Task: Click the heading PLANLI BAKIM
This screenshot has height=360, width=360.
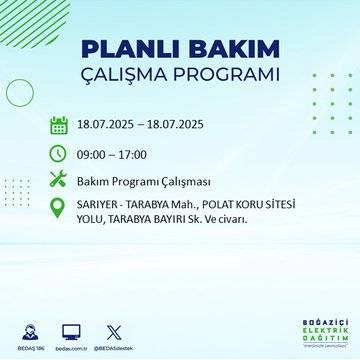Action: coord(179,50)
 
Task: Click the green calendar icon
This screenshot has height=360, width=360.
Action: coord(59,125)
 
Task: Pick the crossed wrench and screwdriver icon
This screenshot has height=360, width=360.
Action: coord(59,181)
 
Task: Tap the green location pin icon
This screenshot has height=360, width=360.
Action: coord(59,211)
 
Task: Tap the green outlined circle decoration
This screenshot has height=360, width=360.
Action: coord(20,92)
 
